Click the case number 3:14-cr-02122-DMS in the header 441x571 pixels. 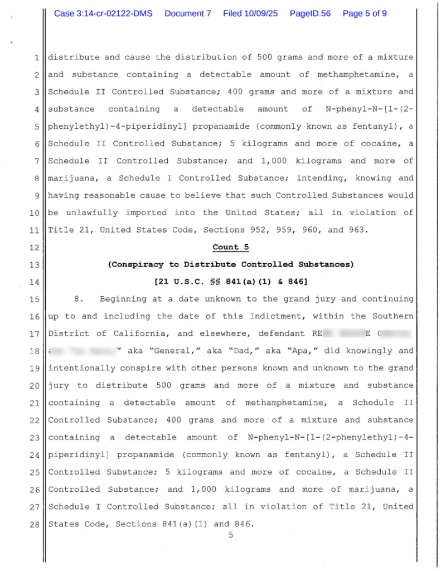103,13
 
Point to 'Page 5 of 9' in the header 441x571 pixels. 365,13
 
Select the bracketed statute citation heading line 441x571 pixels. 230,282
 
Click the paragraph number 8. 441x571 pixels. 78,299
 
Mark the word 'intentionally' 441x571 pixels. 81,368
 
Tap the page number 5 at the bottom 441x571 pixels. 230,536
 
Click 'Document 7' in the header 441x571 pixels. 188,13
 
